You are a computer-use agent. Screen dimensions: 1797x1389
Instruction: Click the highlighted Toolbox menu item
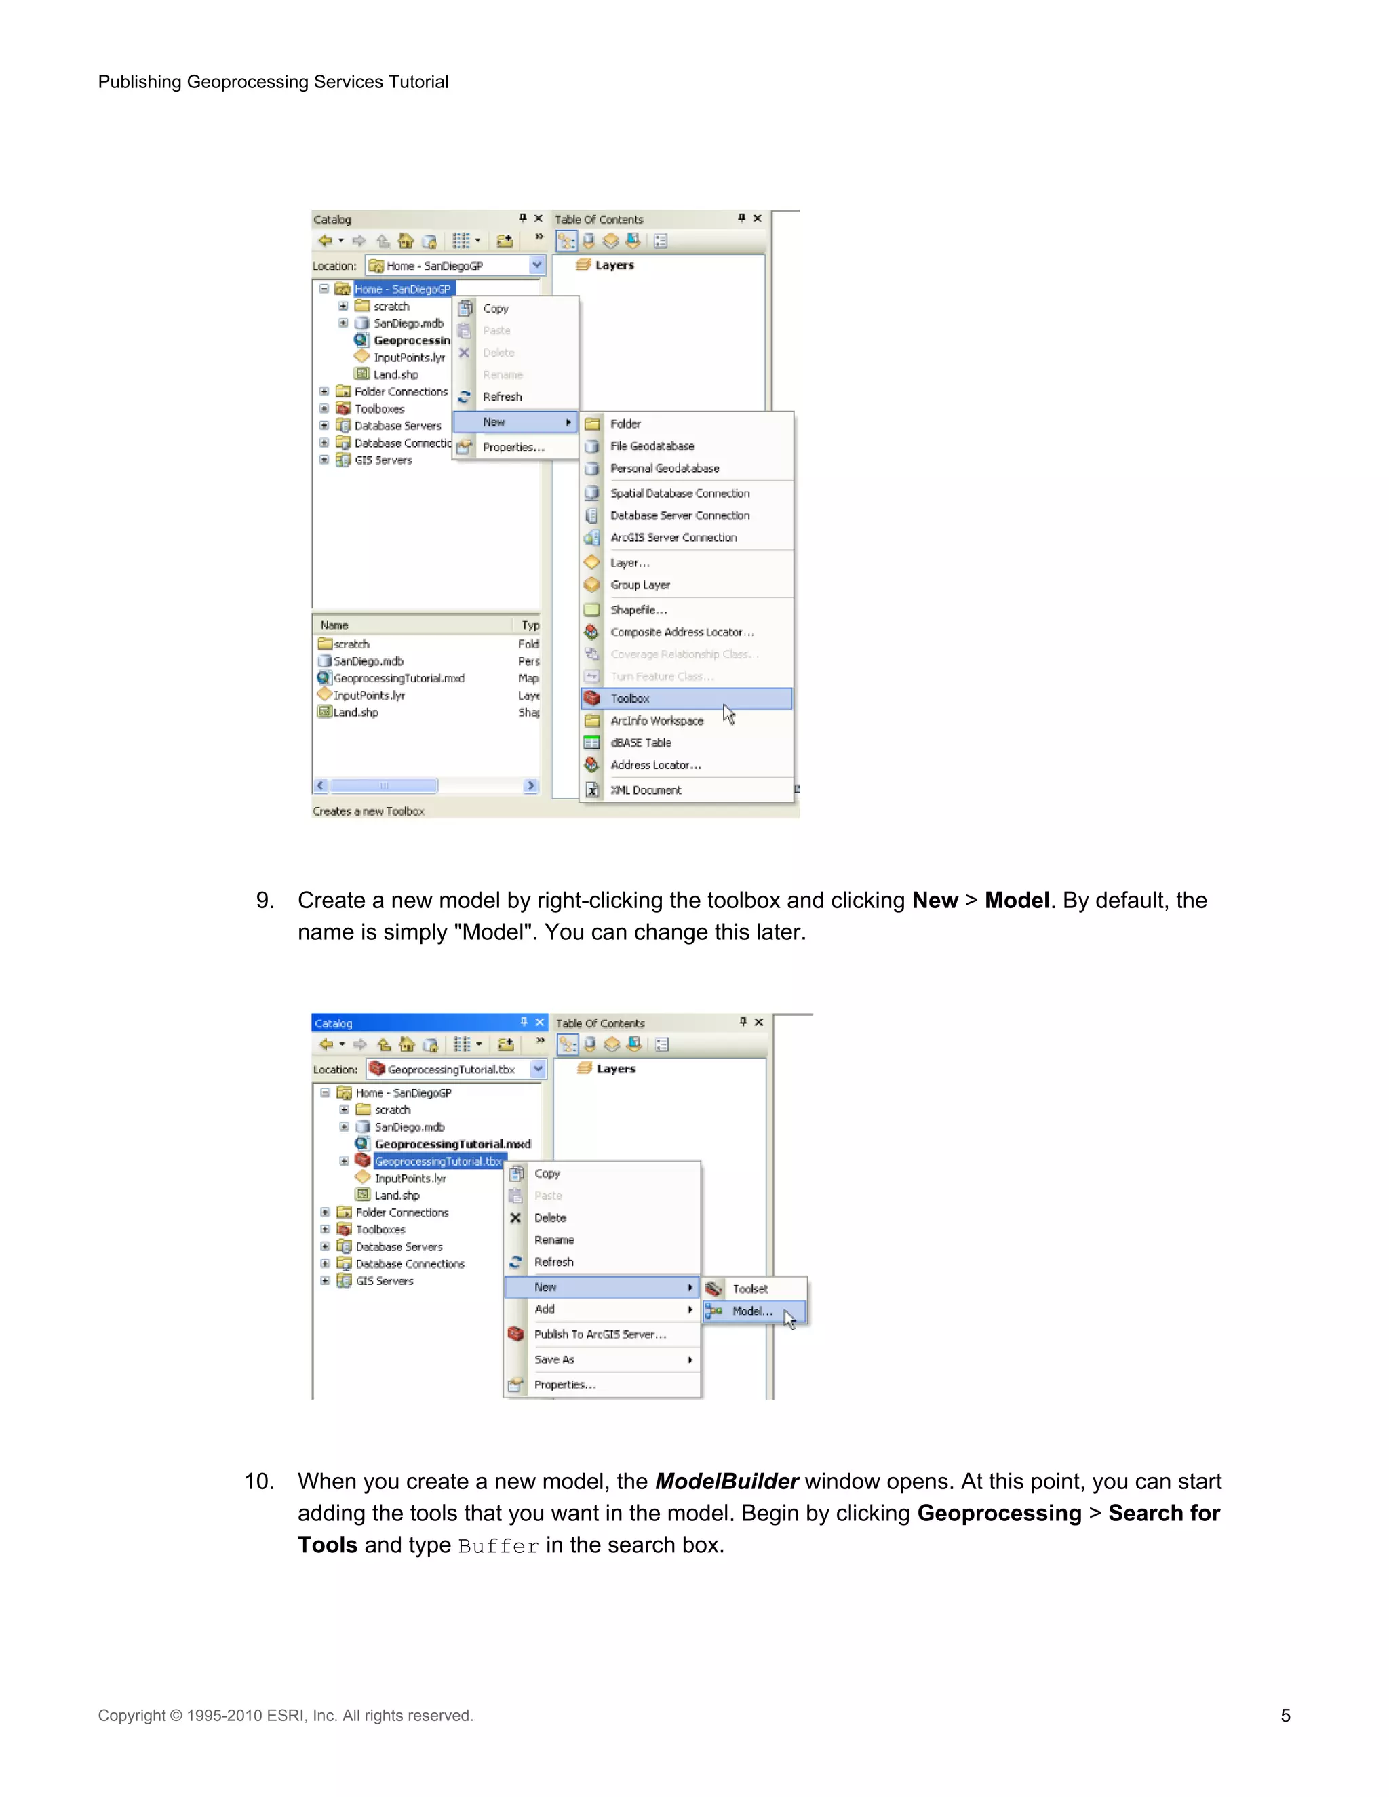click(630, 698)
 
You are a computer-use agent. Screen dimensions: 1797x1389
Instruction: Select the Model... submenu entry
click(751, 1311)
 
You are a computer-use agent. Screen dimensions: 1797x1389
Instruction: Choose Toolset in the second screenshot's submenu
click(749, 1288)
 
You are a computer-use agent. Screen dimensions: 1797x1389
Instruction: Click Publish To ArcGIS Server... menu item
click(600, 1334)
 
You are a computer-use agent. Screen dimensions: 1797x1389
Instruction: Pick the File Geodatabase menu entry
click(652, 446)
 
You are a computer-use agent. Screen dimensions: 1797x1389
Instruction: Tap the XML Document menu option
click(645, 790)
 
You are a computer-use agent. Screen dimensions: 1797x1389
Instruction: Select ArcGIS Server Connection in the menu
click(673, 537)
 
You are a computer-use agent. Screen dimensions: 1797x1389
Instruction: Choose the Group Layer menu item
click(640, 585)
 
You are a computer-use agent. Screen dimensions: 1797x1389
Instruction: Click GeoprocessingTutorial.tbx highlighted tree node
click(437, 1161)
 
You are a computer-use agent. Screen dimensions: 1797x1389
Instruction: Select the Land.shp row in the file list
click(355, 713)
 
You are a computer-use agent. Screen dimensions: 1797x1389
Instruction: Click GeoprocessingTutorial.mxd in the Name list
click(398, 678)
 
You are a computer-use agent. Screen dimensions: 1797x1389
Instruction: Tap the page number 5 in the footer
click(1285, 1716)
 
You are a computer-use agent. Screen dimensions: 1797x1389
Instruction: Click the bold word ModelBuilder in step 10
click(726, 1481)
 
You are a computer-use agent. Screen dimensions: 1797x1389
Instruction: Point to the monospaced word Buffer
click(498, 1546)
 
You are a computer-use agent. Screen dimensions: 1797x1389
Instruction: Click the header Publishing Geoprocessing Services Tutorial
click(273, 81)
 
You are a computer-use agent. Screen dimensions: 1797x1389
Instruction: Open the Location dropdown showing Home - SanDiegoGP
click(536, 265)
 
